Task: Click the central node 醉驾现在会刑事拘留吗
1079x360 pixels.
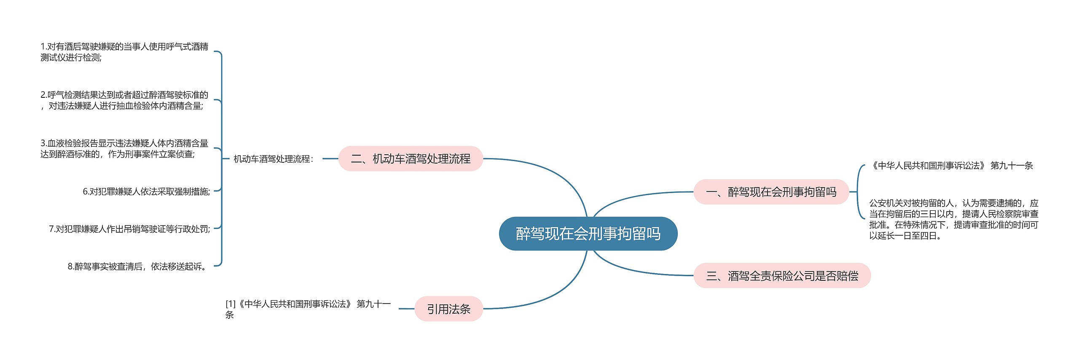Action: (x=588, y=234)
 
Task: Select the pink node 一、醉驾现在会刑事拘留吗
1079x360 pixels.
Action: (x=771, y=192)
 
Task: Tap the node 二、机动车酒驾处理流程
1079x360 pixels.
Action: (x=411, y=159)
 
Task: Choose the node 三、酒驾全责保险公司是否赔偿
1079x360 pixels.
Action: (x=782, y=276)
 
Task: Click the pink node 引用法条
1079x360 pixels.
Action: (x=448, y=309)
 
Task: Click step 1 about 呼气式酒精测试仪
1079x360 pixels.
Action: (x=124, y=52)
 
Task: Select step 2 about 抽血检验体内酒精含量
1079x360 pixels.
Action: (x=124, y=100)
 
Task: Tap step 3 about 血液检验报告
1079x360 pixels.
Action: (x=124, y=148)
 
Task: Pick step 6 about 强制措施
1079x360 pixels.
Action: (x=146, y=192)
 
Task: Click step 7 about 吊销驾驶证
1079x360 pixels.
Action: (x=129, y=229)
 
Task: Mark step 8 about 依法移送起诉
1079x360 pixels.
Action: (x=138, y=266)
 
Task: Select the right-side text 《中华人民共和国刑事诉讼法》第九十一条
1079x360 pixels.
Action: (x=952, y=166)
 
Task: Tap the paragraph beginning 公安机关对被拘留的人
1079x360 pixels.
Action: (x=953, y=219)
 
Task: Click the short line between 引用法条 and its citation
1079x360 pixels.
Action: (x=406, y=309)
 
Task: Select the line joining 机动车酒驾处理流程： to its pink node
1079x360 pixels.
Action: (x=330, y=159)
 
